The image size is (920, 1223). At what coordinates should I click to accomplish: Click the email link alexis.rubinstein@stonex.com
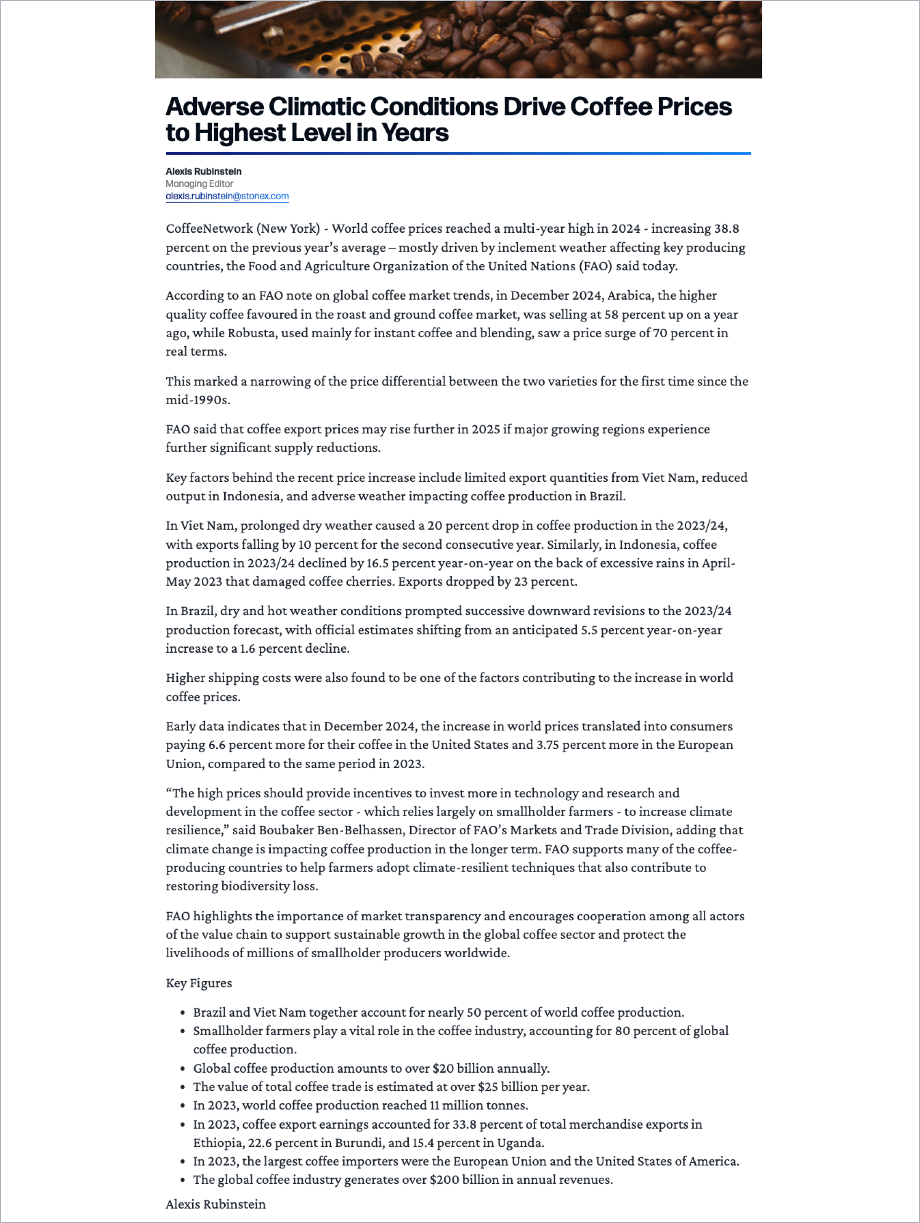coord(227,196)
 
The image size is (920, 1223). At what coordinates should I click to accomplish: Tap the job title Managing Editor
coord(199,183)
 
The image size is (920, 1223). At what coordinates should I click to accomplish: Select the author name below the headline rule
coord(203,171)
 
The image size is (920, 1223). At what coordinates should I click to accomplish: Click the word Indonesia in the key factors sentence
coord(251,496)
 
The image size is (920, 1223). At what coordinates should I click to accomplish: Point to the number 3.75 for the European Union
coord(548,745)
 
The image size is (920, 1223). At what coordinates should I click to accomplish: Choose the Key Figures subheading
coord(198,983)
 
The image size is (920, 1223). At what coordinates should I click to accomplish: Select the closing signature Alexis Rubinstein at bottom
coord(216,1204)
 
